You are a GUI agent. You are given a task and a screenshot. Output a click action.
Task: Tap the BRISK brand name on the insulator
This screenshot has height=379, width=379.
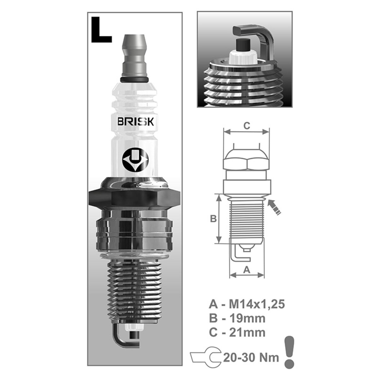click(x=135, y=122)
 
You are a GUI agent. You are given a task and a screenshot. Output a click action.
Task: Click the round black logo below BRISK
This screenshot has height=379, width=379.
click(x=135, y=159)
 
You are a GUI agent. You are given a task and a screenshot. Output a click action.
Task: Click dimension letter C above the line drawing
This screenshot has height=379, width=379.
click(x=247, y=125)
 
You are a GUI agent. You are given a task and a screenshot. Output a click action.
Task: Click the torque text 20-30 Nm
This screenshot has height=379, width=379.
click(x=251, y=358)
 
